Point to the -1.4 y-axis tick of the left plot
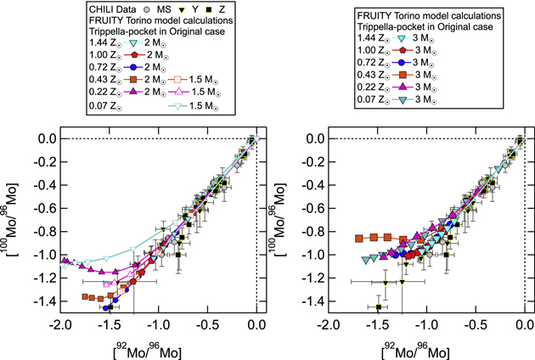coord(43,301)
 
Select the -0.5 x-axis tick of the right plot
coord(475,327)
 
